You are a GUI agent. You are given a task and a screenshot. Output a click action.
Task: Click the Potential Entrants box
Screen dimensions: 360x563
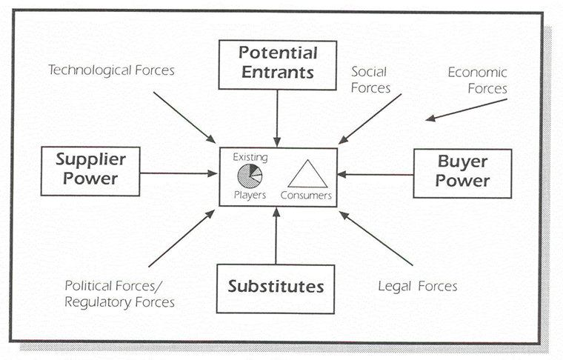(x=277, y=64)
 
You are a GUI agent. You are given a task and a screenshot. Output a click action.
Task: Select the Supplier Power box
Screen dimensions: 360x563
(x=90, y=170)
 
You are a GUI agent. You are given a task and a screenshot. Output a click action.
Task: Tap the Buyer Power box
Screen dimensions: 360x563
(x=462, y=173)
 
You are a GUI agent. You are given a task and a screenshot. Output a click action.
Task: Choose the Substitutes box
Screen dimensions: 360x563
(x=276, y=287)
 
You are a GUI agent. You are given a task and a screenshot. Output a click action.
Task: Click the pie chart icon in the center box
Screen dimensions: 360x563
(x=249, y=176)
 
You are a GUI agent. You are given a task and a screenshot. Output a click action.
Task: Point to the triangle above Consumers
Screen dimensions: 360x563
(x=307, y=174)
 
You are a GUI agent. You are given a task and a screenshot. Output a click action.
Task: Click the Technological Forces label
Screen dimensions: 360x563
(x=111, y=70)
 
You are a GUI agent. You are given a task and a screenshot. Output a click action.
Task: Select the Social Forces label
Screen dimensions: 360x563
(x=371, y=80)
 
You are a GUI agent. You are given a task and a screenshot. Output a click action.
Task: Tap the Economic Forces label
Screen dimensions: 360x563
(x=477, y=81)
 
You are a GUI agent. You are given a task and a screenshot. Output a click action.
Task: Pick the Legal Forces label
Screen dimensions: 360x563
(x=418, y=286)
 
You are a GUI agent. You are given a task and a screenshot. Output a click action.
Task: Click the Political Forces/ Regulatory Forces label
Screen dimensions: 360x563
(x=119, y=293)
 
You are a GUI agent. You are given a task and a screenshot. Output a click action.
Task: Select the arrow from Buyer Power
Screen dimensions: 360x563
(x=375, y=175)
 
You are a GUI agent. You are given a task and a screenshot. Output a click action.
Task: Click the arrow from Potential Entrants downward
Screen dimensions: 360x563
(x=277, y=117)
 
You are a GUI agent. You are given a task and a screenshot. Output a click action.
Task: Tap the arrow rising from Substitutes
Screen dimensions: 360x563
(x=276, y=236)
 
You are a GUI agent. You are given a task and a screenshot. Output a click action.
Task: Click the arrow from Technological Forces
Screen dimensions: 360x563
(x=184, y=117)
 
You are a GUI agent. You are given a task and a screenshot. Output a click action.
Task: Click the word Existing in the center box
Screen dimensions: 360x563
(x=250, y=157)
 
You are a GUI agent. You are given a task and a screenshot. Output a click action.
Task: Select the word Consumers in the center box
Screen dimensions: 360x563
(x=306, y=196)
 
